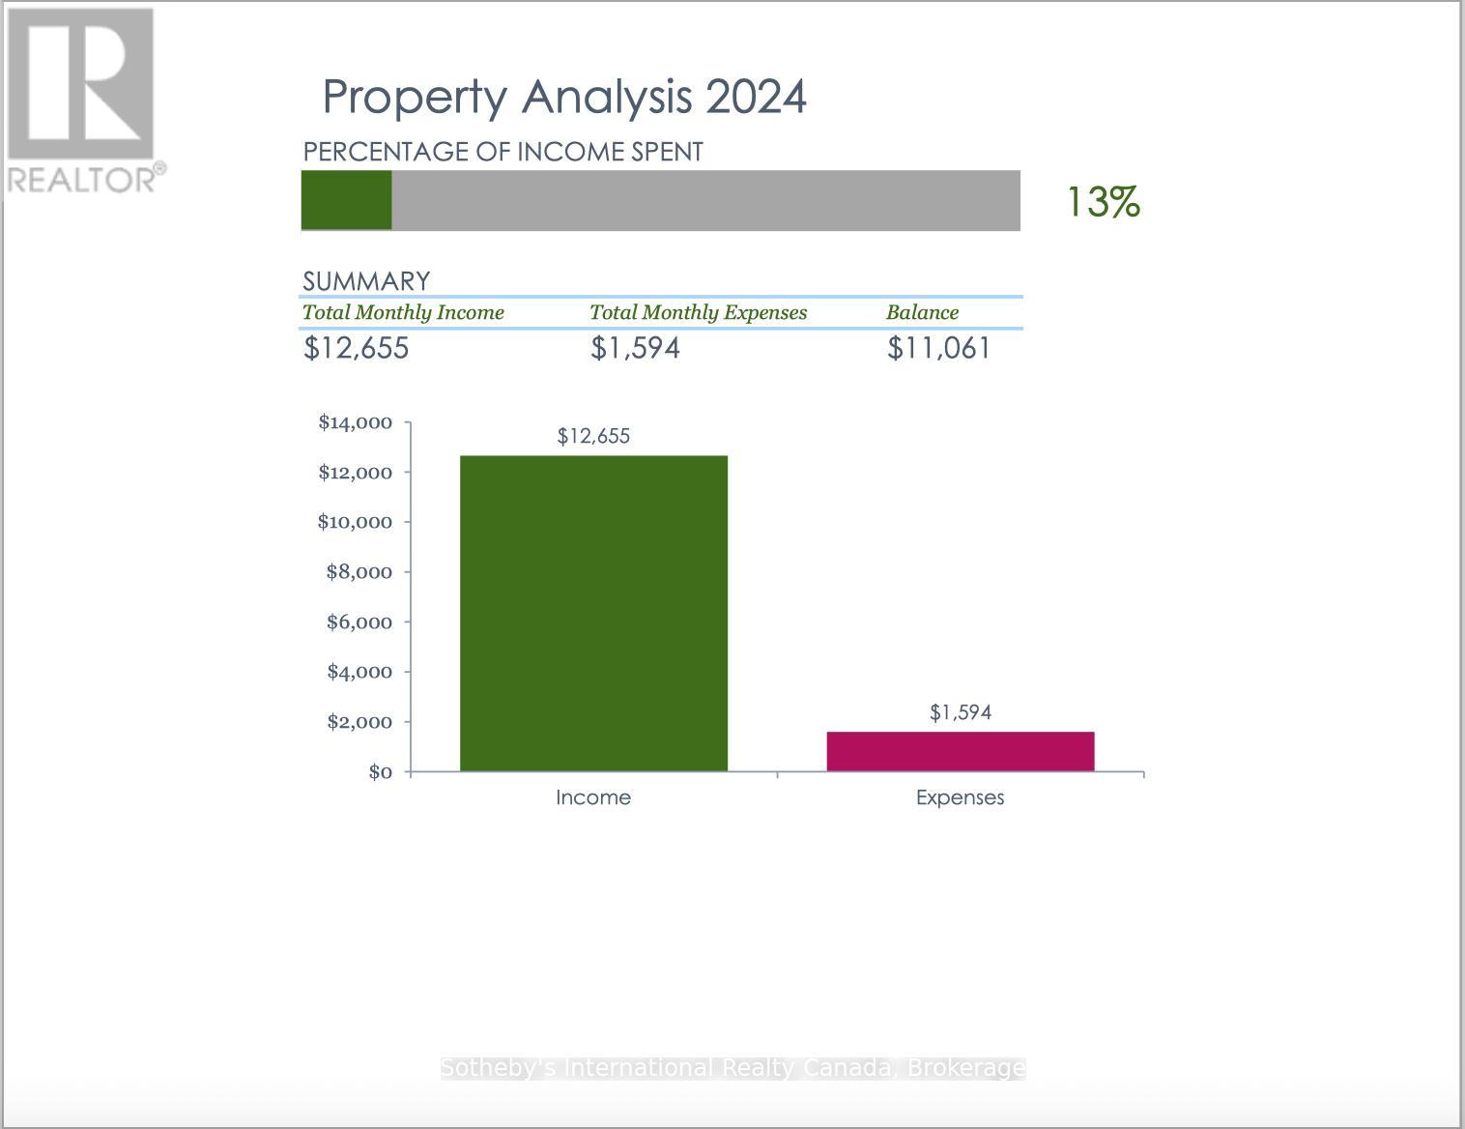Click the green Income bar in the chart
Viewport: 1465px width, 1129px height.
pyautogui.click(x=593, y=613)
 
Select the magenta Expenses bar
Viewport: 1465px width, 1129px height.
pyautogui.click(x=960, y=751)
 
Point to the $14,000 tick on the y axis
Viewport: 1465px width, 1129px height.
pyautogui.click(x=356, y=422)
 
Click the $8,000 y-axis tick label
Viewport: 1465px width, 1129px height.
pyautogui.click(x=359, y=572)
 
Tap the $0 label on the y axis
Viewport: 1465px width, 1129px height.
pyautogui.click(x=380, y=771)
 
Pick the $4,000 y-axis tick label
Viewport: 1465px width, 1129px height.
pyautogui.click(x=359, y=672)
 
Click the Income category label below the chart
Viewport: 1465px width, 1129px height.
pyautogui.click(x=593, y=797)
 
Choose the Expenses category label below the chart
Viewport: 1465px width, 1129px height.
pyautogui.click(x=960, y=797)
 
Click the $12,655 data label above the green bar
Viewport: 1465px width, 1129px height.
pyautogui.click(x=593, y=436)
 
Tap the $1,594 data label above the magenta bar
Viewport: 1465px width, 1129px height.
pyautogui.click(x=960, y=712)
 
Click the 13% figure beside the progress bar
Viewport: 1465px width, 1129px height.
pyautogui.click(x=1103, y=202)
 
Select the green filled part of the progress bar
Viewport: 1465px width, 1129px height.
pyautogui.click(x=346, y=200)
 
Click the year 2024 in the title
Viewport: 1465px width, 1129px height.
pyautogui.click(x=756, y=97)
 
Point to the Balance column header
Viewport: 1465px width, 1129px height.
pyautogui.click(x=922, y=312)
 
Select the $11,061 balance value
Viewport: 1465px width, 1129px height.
pyautogui.click(x=938, y=348)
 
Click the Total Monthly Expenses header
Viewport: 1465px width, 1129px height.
pyautogui.click(x=698, y=312)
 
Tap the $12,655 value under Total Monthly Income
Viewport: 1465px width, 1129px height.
pyautogui.click(x=356, y=348)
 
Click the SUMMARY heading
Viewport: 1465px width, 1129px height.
pyautogui.click(x=365, y=281)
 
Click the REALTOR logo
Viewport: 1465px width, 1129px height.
pyautogui.click(x=82, y=97)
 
